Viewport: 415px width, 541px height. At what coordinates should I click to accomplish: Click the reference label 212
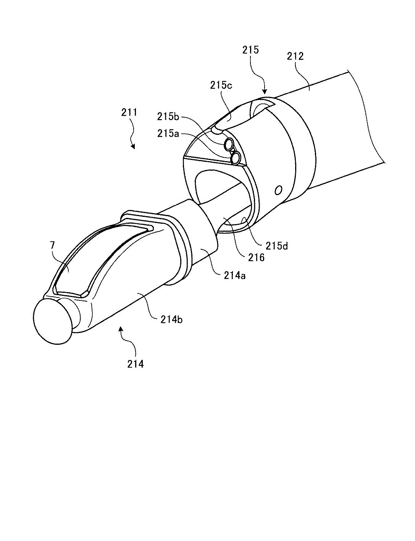click(x=295, y=56)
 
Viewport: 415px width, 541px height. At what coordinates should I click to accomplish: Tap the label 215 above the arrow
click(x=251, y=50)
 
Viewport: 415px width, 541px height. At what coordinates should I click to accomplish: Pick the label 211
click(x=130, y=113)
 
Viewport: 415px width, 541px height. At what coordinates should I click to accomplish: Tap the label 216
click(x=256, y=258)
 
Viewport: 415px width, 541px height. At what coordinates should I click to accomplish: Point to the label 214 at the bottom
click(x=136, y=364)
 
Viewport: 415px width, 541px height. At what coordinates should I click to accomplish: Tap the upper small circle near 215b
click(x=229, y=144)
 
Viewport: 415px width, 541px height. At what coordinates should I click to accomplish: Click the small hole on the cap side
click(x=279, y=189)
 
